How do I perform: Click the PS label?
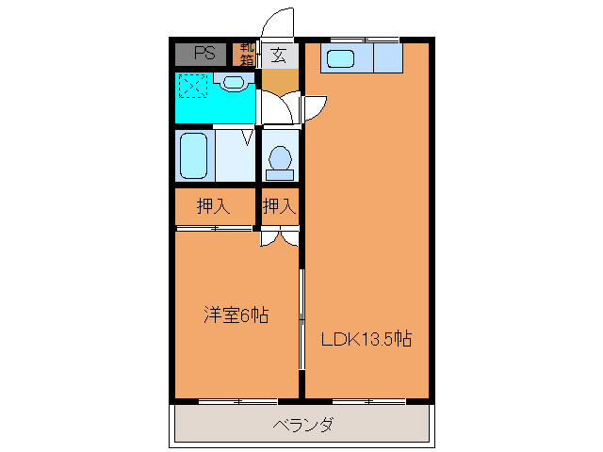(204, 54)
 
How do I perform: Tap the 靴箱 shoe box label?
(247, 54)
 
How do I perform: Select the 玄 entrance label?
(279, 55)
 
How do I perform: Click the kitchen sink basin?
(339, 59)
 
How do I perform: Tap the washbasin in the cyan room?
(233, 83)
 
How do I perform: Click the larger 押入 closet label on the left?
(212, 206)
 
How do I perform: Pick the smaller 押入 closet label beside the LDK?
(280, 206)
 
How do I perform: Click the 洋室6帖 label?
(236, 315)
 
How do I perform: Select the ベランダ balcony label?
(302, 425)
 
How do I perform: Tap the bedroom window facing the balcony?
(237, 401)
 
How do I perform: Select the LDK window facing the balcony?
(368, 401)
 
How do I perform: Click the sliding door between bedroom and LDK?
(301, 320)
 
